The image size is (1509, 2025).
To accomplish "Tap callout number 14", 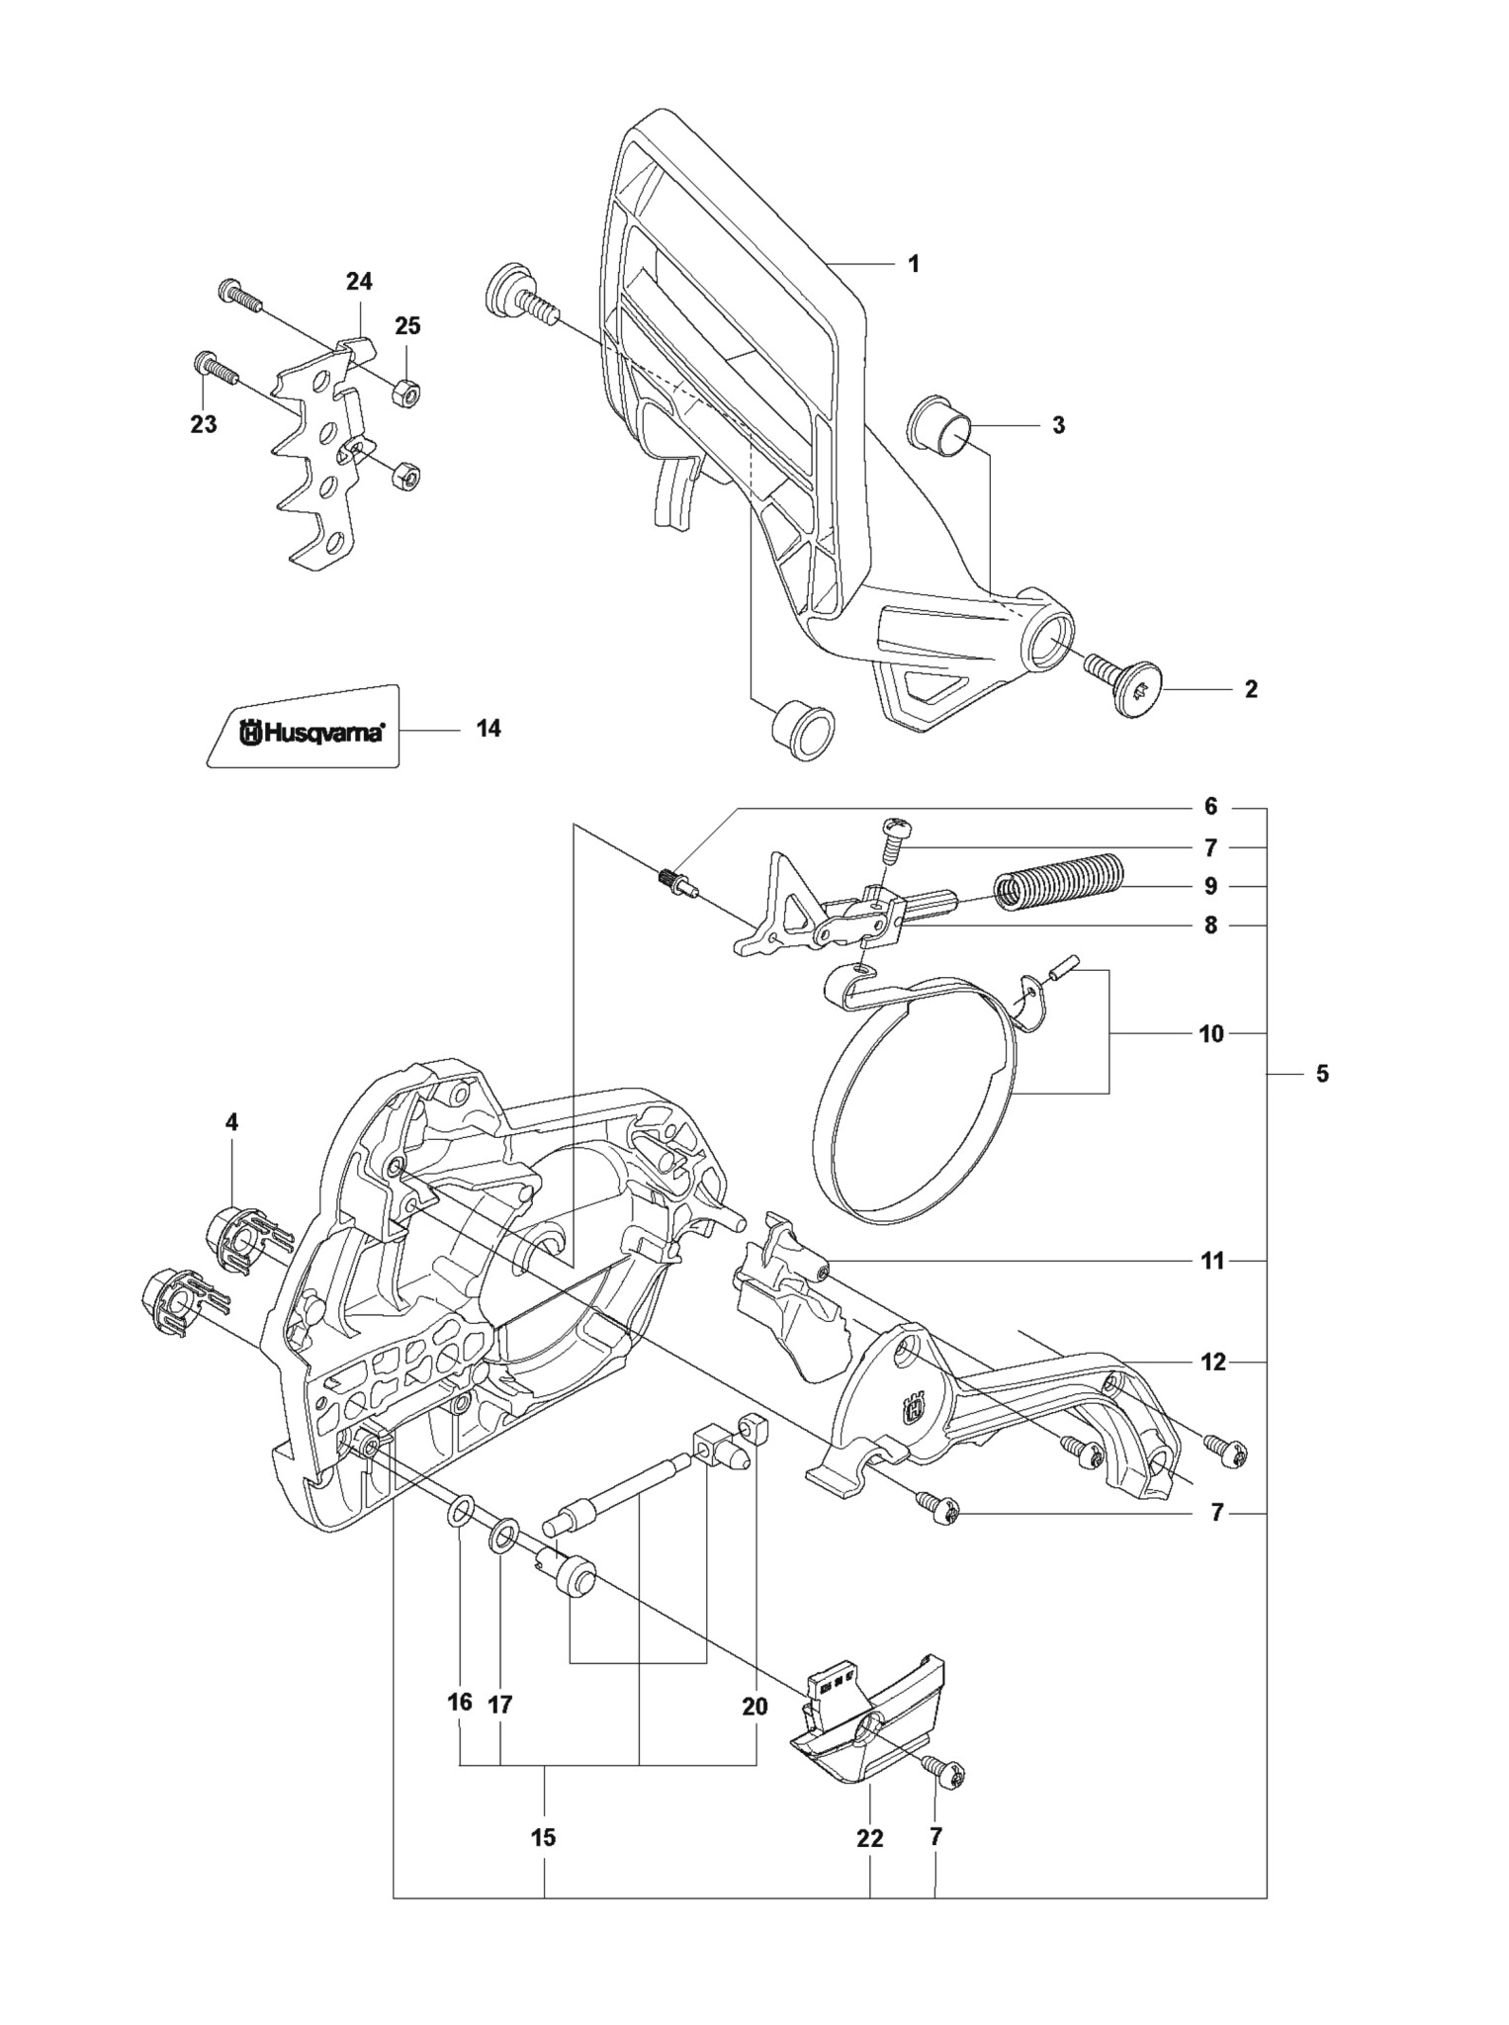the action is pos(488,728).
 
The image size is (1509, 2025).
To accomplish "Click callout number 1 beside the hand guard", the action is pos(914,264).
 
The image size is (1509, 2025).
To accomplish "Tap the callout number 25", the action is pos(407,325).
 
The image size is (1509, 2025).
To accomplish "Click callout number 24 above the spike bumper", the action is pos(359,281).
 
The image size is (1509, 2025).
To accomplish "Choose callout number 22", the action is pos(870,1838).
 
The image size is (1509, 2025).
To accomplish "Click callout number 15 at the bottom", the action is pos(543,1837).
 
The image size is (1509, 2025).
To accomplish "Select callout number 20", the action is pos(754,1706).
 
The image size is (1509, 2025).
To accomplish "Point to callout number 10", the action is pos(1211,1033).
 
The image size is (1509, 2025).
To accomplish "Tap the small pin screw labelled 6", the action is pos(676,879).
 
